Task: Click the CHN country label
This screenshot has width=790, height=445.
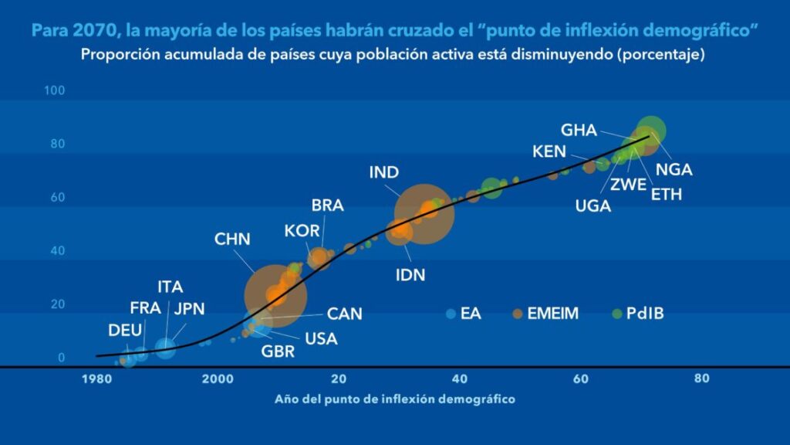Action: (x=232, y=239)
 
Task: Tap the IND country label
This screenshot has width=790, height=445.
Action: (x=383, y=172)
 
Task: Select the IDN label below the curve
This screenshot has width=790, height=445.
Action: (x=410, y=274)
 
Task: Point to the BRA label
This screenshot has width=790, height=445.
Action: (x=328, y=206)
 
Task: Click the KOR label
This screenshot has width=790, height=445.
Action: (x=301, y=230)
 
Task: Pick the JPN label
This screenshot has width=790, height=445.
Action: (x=189, y=309)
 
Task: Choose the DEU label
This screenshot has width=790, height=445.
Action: (x=125, y=331)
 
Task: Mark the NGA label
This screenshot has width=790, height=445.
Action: (x=674, y=170)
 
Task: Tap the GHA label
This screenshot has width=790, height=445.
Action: (x=579, y=130)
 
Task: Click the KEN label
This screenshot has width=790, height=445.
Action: (x=549, y=151)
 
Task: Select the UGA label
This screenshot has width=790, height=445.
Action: (x=592, y=206)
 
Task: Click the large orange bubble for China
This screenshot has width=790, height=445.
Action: (x=275, y=294)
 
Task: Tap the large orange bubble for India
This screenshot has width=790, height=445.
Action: (x=424, y=213)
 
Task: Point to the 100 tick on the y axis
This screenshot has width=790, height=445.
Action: (x=55, y=91)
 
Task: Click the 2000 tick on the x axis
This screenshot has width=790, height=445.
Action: (x=218, y=379)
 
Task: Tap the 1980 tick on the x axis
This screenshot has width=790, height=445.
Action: (x=96, y=379)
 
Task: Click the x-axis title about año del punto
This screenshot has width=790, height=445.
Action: (x=394, y=399)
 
